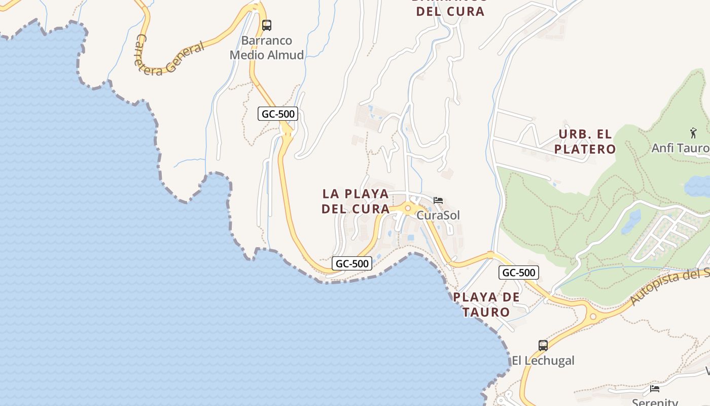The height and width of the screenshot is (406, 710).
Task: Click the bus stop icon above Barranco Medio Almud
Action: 267,25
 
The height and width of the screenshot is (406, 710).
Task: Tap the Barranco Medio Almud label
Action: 267,48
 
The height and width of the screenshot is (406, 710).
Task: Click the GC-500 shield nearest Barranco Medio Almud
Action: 277,114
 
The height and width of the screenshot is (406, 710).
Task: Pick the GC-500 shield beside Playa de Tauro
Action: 519,273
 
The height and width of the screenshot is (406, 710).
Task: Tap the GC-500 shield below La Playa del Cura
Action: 352,263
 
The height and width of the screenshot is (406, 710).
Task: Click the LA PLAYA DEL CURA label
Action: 356,201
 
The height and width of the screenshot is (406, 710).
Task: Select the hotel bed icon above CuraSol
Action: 438,200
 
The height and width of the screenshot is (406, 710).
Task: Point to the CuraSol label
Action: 438,215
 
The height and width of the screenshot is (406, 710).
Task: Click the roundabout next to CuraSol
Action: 407,208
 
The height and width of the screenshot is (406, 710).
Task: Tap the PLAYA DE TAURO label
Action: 486,304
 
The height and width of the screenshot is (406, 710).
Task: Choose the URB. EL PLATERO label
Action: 585,142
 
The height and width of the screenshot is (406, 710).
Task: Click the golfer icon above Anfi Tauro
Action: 693,133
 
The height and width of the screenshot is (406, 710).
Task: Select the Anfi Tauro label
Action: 680,148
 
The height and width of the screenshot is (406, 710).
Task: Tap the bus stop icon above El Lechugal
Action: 543,346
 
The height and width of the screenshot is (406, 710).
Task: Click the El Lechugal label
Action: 543,361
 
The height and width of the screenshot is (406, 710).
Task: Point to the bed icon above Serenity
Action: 655,389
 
